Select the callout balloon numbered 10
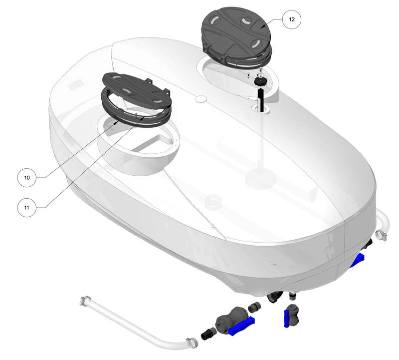click(27, 177)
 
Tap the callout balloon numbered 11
click(27, 206)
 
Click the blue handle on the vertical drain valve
click(286, 318)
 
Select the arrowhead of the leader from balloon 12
click(261, 25)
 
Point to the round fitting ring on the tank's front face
click(213, 202)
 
